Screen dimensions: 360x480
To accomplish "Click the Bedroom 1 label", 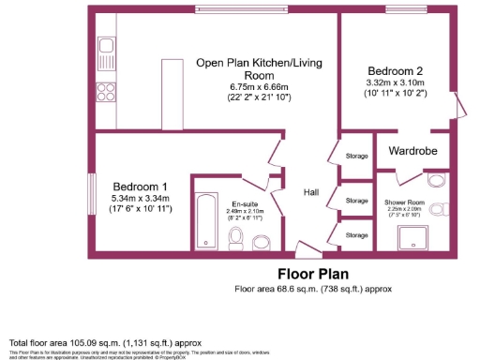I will click(140, 186).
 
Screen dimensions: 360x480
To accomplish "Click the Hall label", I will click(311, 192).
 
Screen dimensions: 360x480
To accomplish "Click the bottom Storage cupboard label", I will click(355, 235).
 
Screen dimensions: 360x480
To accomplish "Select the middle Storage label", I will click(355, 201).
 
